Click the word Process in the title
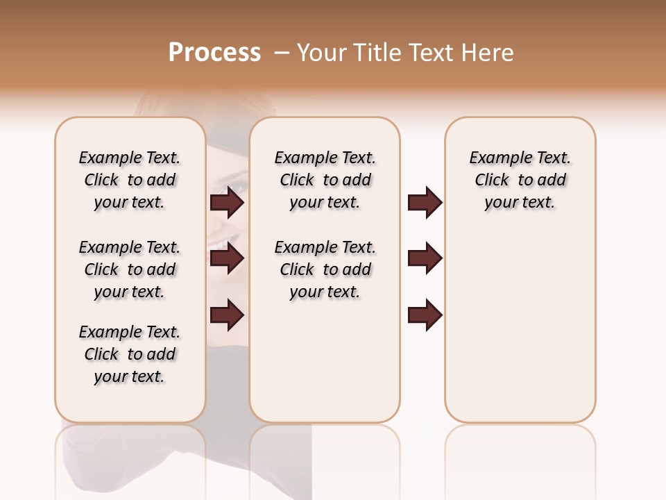[214, 53]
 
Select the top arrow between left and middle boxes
[227, 203]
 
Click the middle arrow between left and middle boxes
[227, 258]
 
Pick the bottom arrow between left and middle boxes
[227, 315]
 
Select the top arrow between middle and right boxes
[425, 203]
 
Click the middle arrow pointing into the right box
[425, 258]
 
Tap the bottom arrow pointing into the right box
[425, 315]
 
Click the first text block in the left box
[130, 180]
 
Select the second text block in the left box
[130, 269]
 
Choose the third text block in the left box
[130, 354]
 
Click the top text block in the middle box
[325, 180]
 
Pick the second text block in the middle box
[325, 269]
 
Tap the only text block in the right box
[520, 180]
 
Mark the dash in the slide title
[282, 53]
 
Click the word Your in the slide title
[322, 53]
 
